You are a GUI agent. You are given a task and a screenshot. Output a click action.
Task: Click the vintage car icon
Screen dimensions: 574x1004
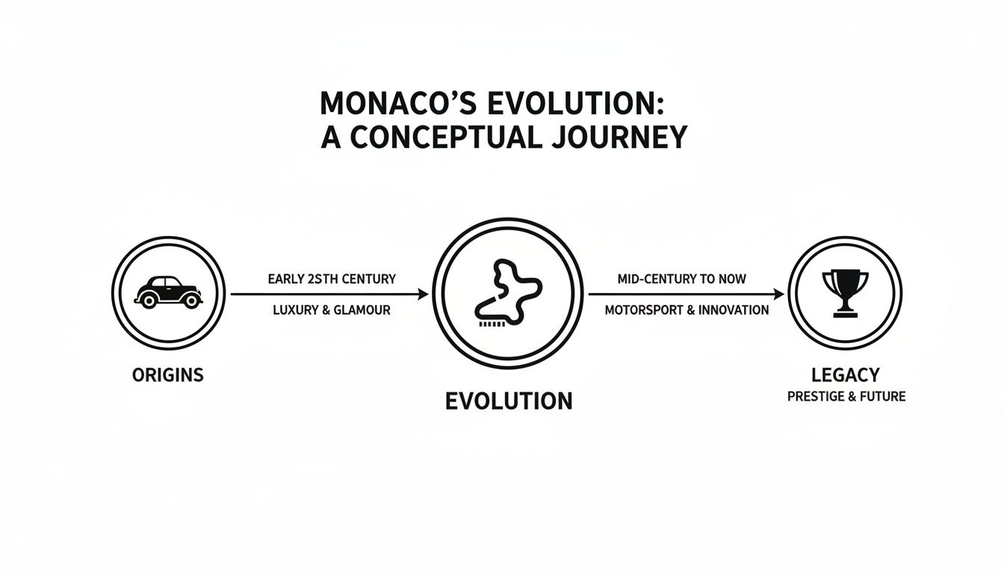(x=168, y=291)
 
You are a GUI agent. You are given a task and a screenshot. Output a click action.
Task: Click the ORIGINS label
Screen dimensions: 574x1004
(x=168, y=374)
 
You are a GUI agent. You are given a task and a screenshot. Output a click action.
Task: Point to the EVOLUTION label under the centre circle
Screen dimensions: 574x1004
(x=509, y=401)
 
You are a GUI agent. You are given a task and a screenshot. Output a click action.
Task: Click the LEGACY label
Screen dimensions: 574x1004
(x=846, y=374)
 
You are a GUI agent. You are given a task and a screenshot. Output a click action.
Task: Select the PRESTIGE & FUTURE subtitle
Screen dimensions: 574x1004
(x=846, y=397)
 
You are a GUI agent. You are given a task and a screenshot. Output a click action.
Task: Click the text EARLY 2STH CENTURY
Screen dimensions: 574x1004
(x=332, y=279)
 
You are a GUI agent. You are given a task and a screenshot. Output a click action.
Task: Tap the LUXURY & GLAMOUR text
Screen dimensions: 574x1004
(x=332, y=309)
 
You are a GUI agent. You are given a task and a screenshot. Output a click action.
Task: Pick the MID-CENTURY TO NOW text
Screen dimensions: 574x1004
(x=682, y=279)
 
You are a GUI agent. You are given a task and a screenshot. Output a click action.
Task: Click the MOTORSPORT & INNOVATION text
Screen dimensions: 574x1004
(x=687, y=309)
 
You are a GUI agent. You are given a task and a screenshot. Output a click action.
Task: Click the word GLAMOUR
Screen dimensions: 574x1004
(x=362, y=309)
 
